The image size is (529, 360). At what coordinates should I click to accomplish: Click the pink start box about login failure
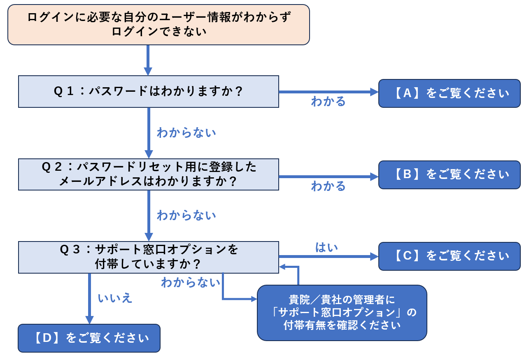(x=158, y=24)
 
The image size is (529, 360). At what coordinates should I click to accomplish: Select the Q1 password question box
(x=148, y=91)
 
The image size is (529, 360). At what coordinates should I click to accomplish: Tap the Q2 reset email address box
(x=148, y=174)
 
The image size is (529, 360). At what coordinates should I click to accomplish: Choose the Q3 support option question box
(x=148, y=257)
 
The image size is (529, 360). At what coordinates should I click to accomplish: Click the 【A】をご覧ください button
(x=449, y=93)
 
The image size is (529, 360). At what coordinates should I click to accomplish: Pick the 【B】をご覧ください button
(x=449, y=175)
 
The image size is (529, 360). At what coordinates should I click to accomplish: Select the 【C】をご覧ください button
(x=449, y=256)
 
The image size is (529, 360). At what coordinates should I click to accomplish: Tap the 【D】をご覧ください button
(x=89, y=338)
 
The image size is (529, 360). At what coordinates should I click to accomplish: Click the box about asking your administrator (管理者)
(x=342, y=313)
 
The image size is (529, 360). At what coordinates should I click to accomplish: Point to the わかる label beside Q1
(x=328, y=102)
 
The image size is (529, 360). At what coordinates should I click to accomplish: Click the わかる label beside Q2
(x=328, y=186)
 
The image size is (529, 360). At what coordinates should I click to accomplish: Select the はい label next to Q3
(x=326, y=247)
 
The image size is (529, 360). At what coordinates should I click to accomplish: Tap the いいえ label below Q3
(x=115, y=298)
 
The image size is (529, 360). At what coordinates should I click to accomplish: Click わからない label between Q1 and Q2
(x=186, y=133)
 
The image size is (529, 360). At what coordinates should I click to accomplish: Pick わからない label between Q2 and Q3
(x=186, y=215)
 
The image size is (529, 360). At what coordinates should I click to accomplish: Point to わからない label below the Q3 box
(x=191, y=283)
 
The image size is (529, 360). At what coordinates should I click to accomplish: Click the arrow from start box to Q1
(x=148, y=60)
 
